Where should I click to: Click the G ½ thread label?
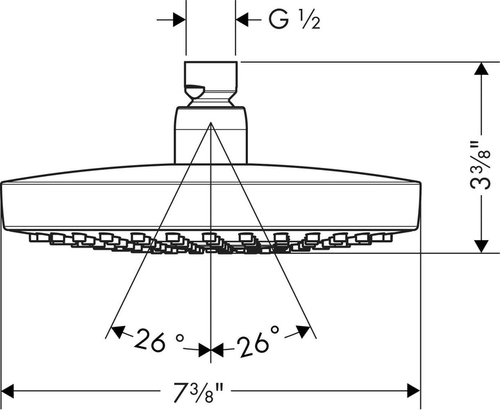click(x=294, y=21)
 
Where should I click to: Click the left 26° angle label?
click(x=160, y=341)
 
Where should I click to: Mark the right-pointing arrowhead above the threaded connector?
click(x=178, y=20)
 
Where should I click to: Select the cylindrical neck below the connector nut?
click(x=211, y=135)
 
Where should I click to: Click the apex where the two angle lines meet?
click(x=210, y=123)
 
